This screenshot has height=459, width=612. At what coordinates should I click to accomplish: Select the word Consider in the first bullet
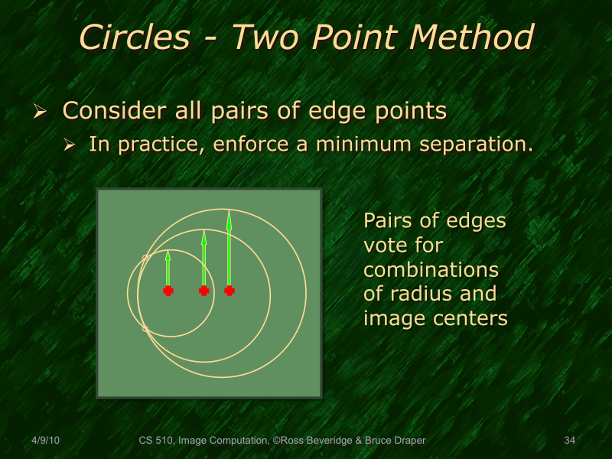[111, 111]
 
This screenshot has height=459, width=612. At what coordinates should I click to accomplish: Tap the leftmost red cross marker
[168, 291]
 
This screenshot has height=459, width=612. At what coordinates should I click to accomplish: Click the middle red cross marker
[203, 291]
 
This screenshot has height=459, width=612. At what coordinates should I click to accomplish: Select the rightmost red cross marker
[229, 291]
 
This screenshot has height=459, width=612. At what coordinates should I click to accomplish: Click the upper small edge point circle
[145, 258]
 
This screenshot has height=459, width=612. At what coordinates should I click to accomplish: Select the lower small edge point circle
[145, 329]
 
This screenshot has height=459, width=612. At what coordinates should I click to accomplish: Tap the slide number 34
[569, 440]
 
